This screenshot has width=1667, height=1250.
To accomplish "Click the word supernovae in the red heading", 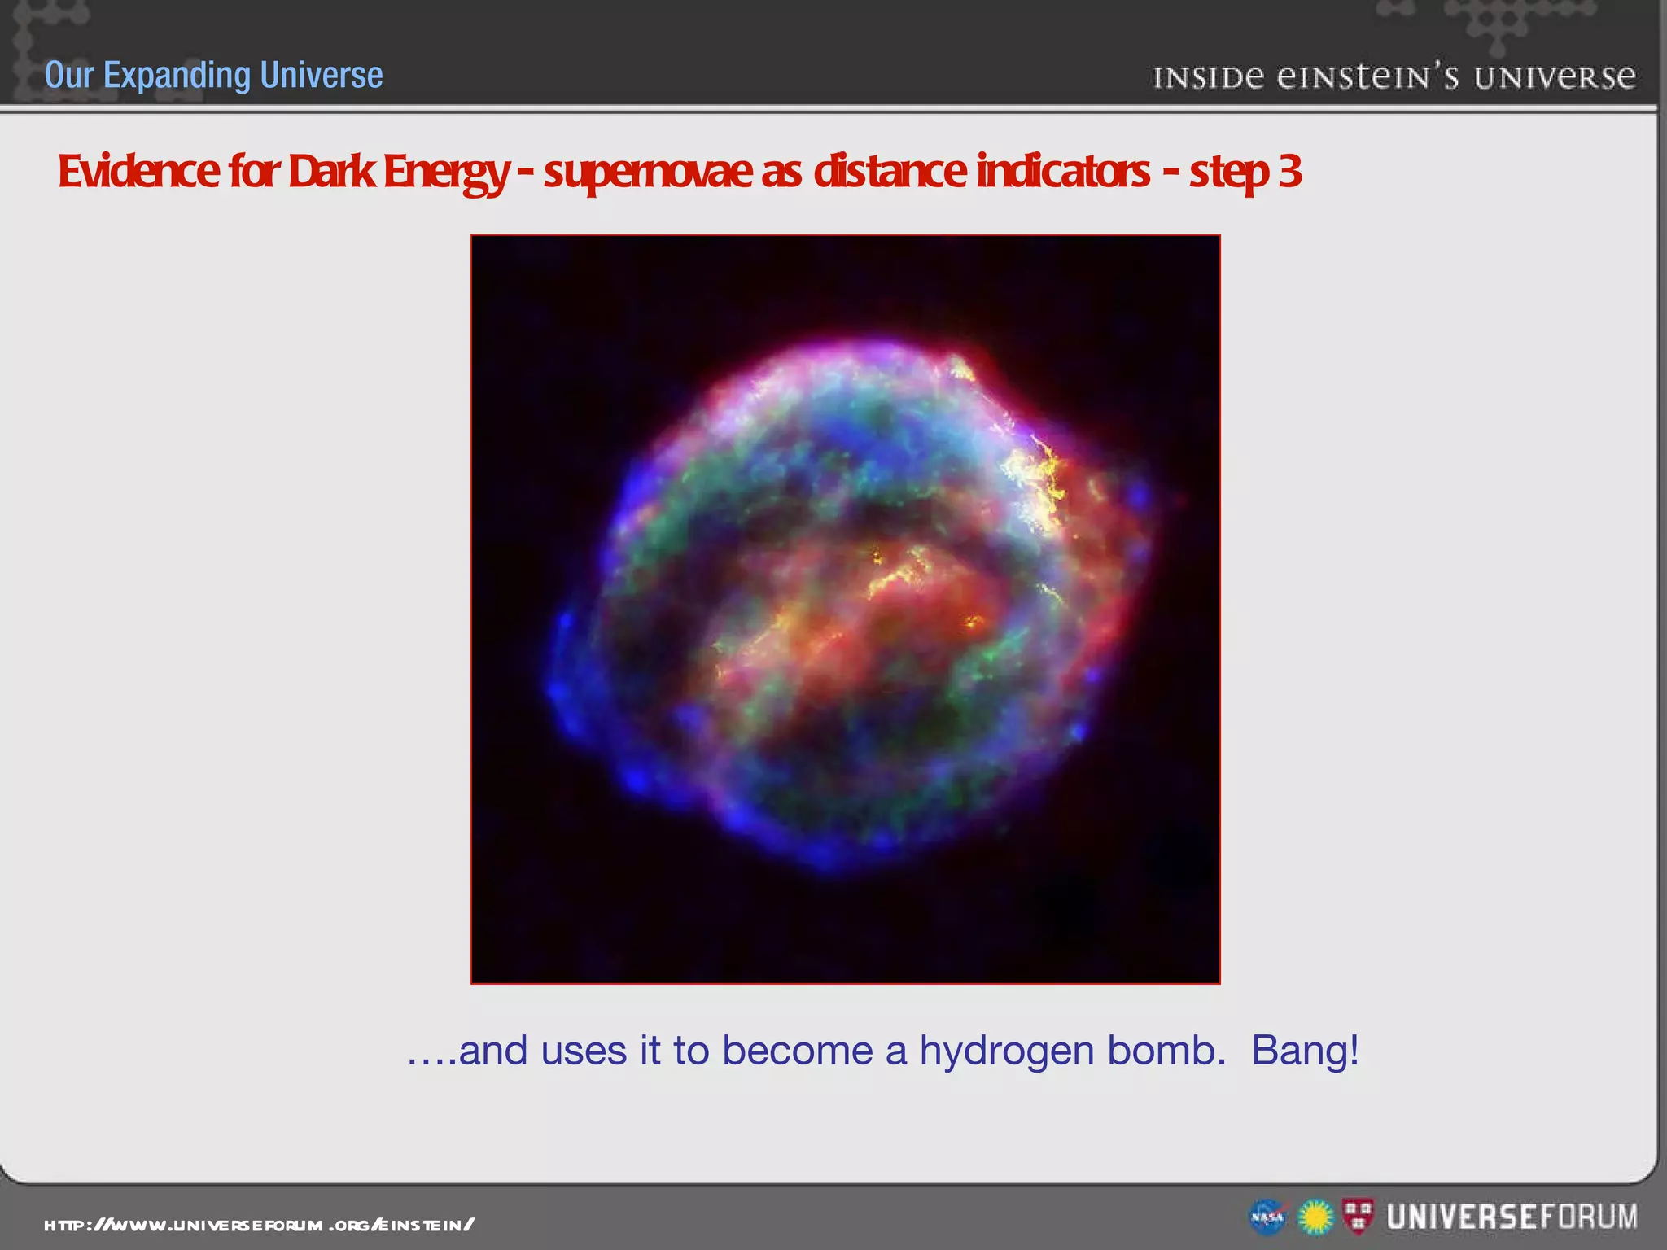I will pos(648,173).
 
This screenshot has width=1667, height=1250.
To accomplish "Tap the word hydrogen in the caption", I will pos(1006,1051).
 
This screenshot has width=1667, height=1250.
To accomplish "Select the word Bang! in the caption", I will pos(1305,1050).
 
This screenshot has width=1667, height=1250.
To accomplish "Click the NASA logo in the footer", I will pos(1267,1217).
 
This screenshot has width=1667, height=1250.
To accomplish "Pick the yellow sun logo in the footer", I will pos(1315,1217).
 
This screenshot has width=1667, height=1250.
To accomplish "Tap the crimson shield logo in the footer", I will pos(1357,1216).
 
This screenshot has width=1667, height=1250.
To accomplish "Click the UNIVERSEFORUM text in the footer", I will pos(1512,1217).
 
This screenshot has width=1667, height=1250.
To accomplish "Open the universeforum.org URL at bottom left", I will pos(259,1225).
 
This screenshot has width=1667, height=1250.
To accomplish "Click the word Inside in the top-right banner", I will pos(1208,78).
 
